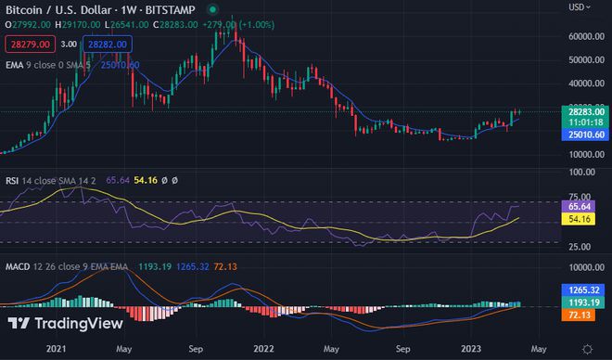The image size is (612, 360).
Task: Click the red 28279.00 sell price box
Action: point(29,44)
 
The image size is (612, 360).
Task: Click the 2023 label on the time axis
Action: point(472,348)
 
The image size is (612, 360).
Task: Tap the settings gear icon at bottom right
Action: point(586,348)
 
